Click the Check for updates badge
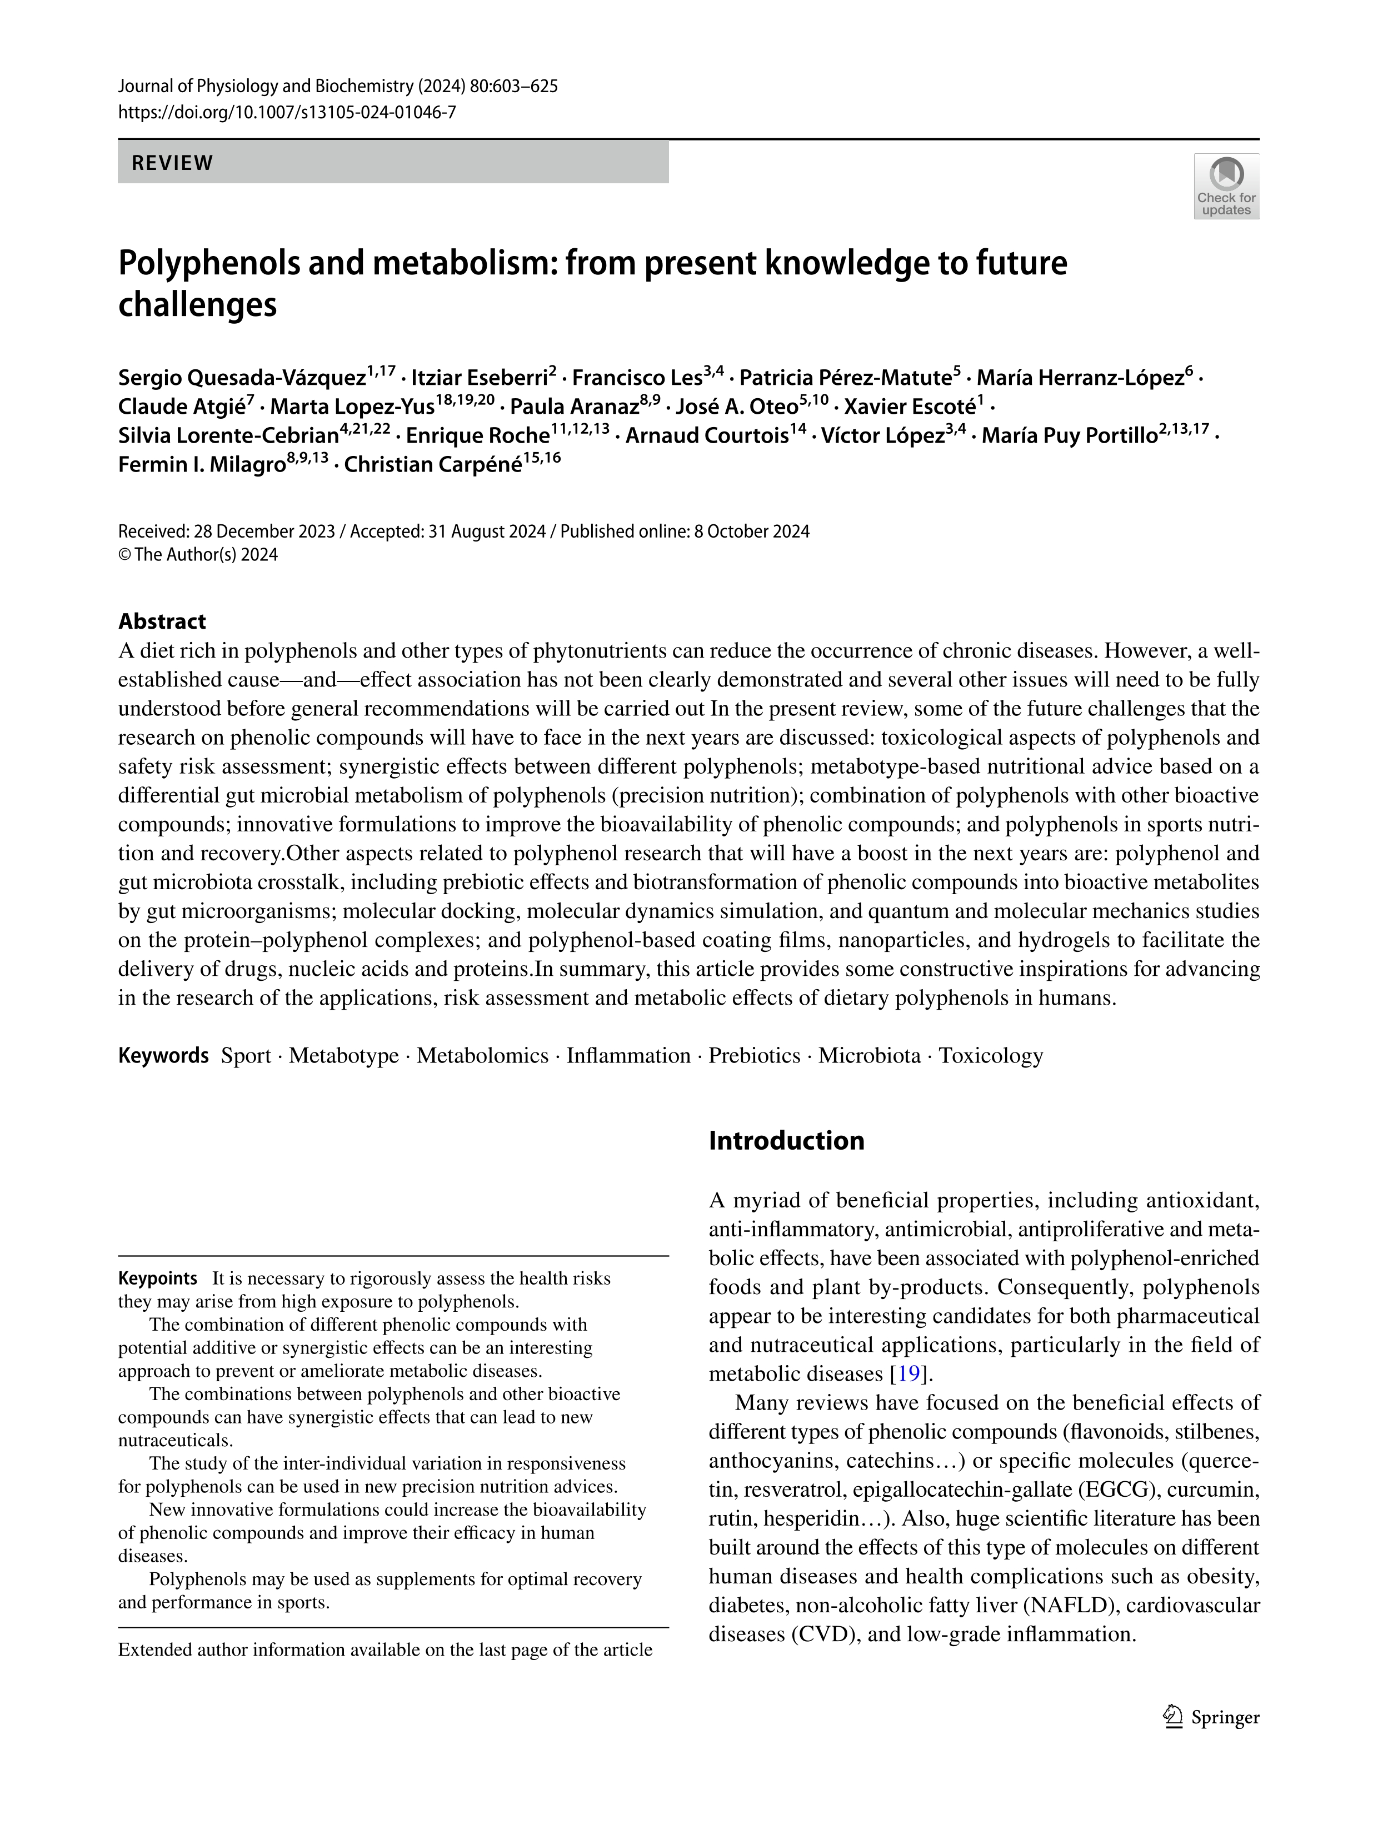pos(1226,186)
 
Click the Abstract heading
pos(162,621)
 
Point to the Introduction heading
pos(786,1140)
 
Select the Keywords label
pos(163,1056)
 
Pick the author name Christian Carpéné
pos(433,465)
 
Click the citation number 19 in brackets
pos(908,1374)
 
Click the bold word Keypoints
pos(157,1278)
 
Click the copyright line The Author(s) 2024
pos(204,554)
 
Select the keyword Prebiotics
pos(754,1056)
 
